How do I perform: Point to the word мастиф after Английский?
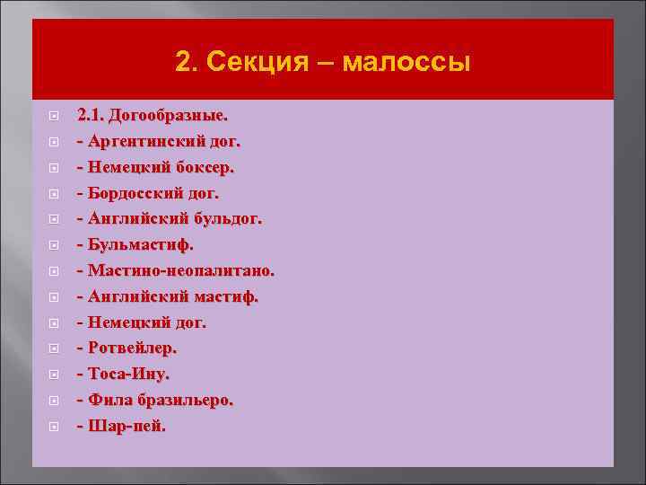pos(225,296)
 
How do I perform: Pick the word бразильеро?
pos(186,400)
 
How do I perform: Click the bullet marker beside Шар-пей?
pos(55,427)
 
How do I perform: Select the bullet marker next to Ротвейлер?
pos(55,348)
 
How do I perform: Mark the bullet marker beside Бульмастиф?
pos(55,245)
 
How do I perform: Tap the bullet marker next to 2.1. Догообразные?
pos(55,117)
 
